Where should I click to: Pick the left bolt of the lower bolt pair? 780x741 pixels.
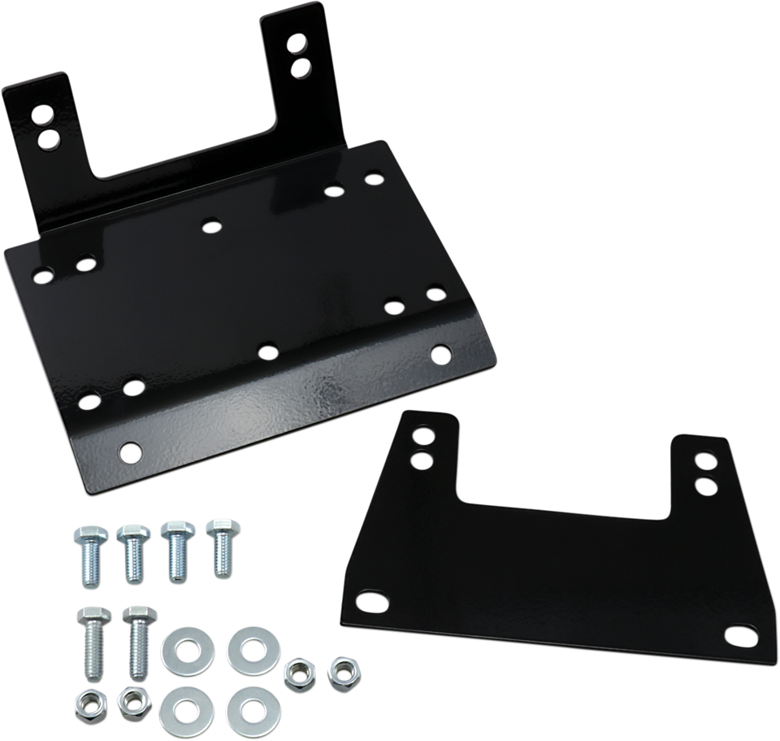(91, 634)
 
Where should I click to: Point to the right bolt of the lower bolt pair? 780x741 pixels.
(134, 634)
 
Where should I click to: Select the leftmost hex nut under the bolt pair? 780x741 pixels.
(86, 701)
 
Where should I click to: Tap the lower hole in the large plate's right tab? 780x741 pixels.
(301, 65)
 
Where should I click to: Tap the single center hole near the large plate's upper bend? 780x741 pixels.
(212, 224)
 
